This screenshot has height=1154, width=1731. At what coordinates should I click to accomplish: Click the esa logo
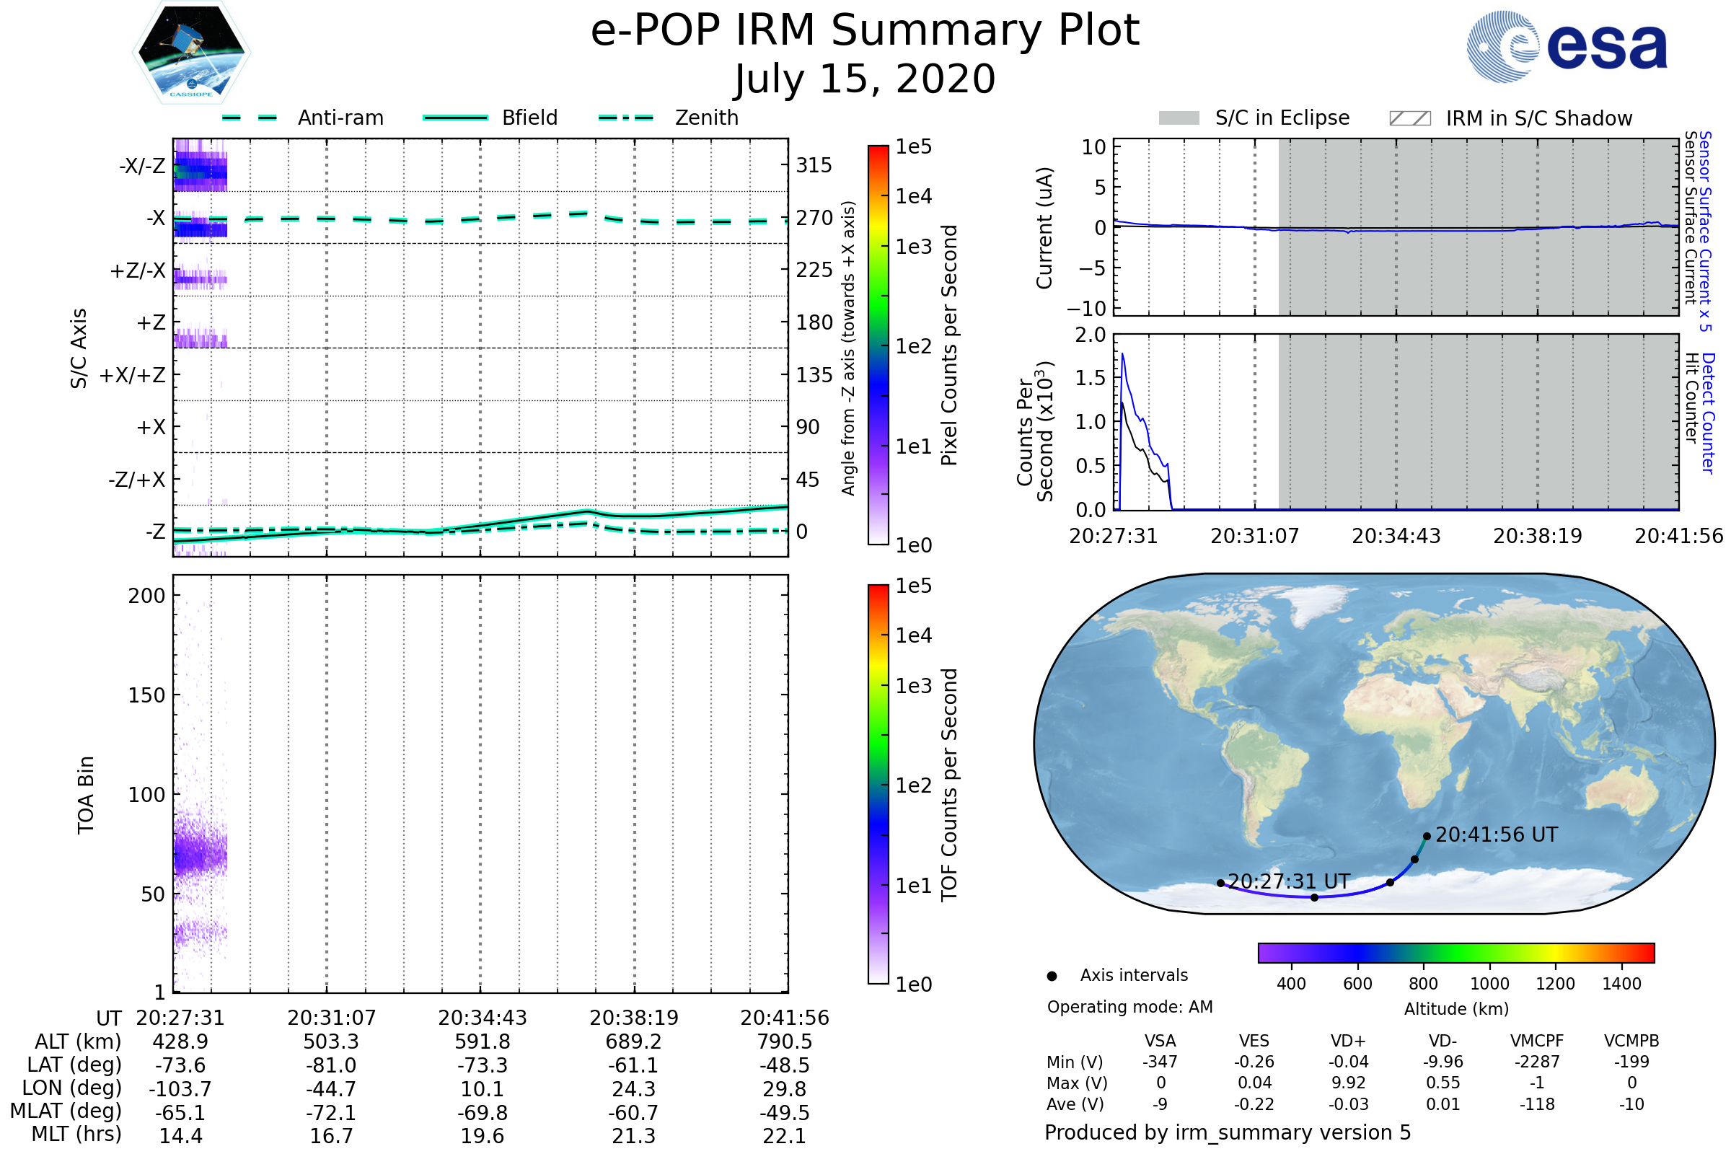(1567, 45)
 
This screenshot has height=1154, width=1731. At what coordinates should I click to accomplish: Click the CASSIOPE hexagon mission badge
(191, 51)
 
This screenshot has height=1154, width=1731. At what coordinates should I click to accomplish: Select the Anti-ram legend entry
(302, 118)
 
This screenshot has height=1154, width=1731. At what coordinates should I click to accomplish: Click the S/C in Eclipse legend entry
(1254, 118)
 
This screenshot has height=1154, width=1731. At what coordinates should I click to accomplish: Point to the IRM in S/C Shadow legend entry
(1510, 118)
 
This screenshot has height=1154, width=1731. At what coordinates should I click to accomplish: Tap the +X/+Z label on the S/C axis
(133, 375)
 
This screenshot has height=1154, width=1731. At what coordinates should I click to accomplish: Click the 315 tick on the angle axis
(814, 165)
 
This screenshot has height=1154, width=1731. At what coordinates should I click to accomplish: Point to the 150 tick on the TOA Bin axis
(146, 695)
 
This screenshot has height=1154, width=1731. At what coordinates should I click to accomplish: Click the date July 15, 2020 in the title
(865, 79)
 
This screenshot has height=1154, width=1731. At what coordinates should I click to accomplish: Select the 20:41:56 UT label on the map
(1496, 834)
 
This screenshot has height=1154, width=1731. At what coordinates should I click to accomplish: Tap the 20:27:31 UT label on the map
(1289, 881)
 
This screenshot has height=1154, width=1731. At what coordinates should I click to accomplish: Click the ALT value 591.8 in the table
(482, 1041)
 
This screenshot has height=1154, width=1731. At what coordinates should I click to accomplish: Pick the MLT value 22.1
(785, 1135)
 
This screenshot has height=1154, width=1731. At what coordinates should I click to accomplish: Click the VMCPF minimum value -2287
(1537, 1061)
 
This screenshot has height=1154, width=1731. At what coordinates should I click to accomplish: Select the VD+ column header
(1347, 1041)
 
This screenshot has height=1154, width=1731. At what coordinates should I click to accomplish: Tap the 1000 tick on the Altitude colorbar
(1489, 983)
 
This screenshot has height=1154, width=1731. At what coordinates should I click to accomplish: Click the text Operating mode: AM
(1129, 1007)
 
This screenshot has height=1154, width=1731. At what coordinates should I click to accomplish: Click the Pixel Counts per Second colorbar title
(949, 345)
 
